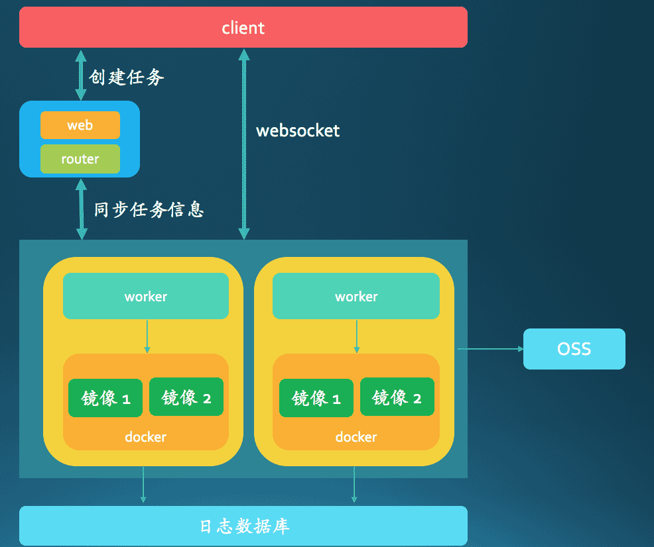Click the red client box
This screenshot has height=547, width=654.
pos(243,28)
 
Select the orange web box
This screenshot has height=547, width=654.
pos(80,125)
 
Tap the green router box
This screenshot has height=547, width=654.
pos(80,159)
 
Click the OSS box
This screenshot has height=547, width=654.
pos(574,349)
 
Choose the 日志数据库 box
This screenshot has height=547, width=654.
pos(243,526)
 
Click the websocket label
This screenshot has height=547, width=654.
pos(298,130)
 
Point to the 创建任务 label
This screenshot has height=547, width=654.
pos(127,77)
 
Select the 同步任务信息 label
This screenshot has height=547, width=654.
pos(149,210)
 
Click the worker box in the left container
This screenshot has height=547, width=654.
pos(145,297)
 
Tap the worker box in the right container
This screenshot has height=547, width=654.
pos(356,297)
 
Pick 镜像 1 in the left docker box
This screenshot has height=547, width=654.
pos(105,398)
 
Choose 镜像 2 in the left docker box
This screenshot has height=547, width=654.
pos(186,397)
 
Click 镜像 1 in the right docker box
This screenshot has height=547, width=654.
pos(316,398)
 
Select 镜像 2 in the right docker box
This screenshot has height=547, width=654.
pos(397,397)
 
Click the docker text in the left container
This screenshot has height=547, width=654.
pos(145,437)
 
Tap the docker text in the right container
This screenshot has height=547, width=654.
pos(356,437)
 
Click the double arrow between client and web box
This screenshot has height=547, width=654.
pos(81,75)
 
